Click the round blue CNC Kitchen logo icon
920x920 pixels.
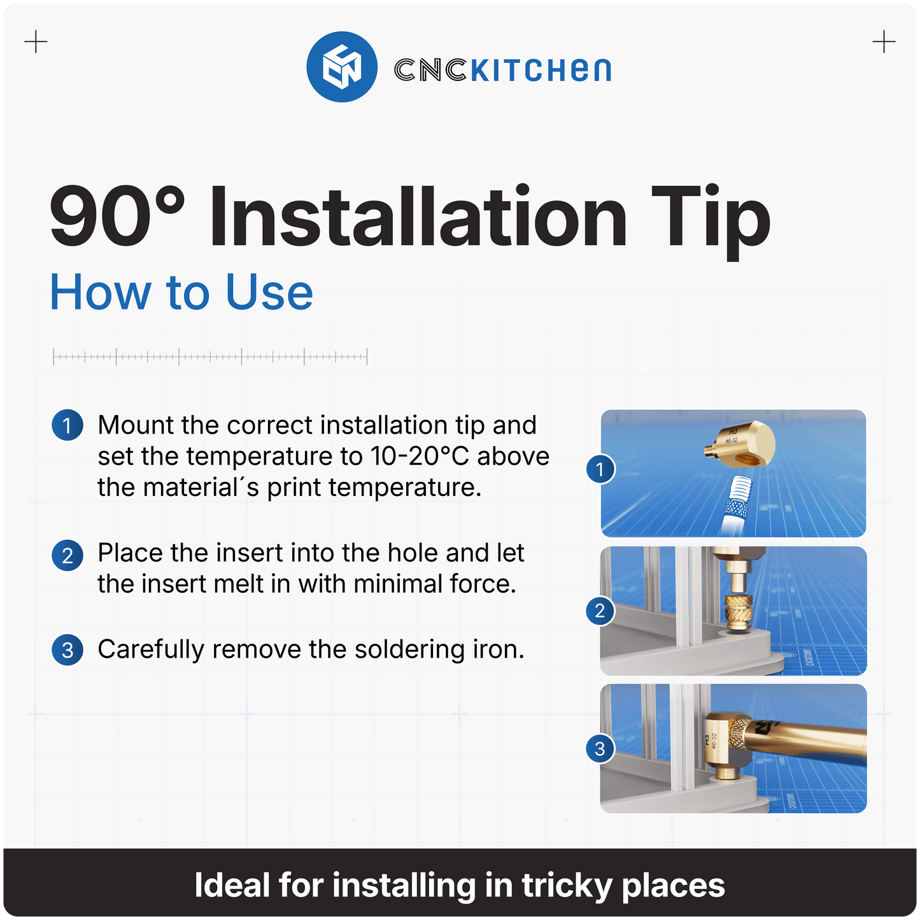[x=342, y=67]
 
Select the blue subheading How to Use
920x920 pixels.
[x=181, y=293]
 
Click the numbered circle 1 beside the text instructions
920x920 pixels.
[x=67, y=425]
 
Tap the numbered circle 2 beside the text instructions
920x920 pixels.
[x=67, y=555]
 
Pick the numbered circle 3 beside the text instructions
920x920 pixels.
[x=67, y=650]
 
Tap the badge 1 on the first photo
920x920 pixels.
[x=600, y=470]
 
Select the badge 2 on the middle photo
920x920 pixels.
[x=600, y=611]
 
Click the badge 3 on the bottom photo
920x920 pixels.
[x=600, y=749]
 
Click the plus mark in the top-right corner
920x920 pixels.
[x=884, y=43]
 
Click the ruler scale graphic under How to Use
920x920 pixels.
[x=210, y=357]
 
